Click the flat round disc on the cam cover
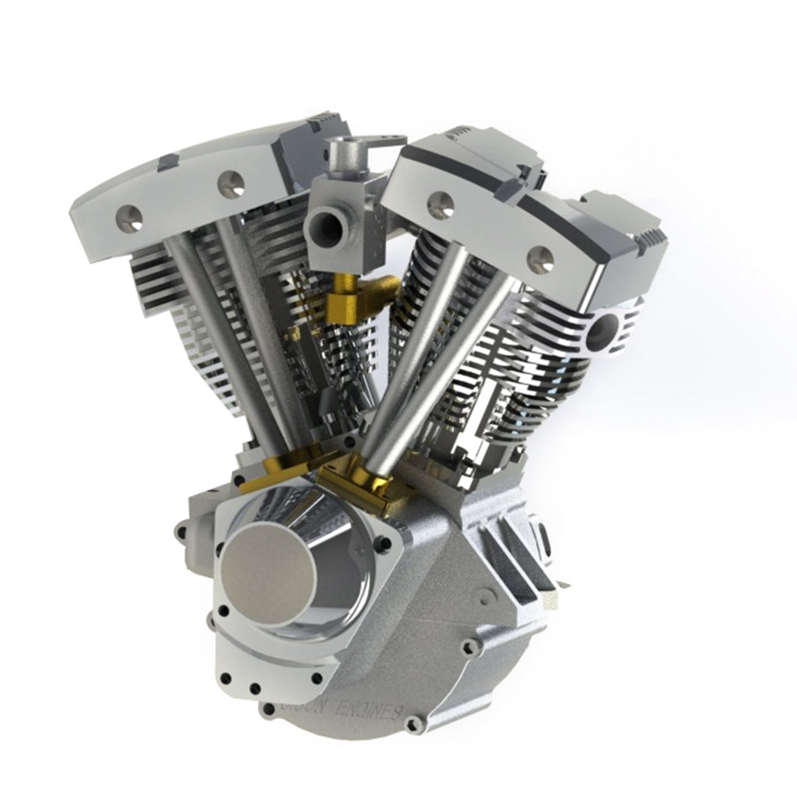[269, 573]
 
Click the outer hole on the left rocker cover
[129, 219]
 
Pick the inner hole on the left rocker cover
[231, 184]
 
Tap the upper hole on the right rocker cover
[441, 205]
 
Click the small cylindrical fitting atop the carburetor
[340, 155]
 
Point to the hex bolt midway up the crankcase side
[469, 646]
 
